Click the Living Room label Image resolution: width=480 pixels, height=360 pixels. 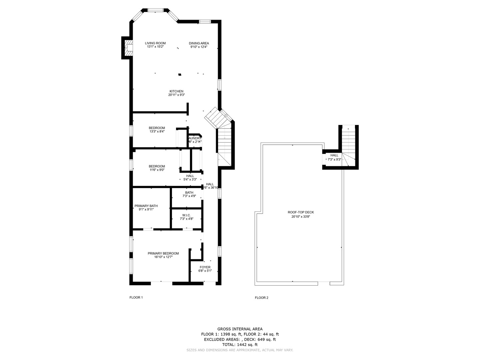(155, 43)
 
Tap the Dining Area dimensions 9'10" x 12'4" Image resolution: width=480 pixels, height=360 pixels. (199, 47)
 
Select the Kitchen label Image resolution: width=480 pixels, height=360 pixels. (176, 91)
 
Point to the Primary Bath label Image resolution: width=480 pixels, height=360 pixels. (146, 206)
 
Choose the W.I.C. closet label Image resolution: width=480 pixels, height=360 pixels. (186, 215)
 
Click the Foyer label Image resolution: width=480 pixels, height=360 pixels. (205, 267)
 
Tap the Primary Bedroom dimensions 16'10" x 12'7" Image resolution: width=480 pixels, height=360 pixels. (163, 257)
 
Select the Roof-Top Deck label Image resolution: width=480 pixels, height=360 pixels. (301, 212)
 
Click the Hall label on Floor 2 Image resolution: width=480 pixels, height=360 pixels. (334, 155)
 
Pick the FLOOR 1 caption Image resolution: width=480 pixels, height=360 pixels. (136, 298)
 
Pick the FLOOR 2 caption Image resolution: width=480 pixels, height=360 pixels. (261, 298)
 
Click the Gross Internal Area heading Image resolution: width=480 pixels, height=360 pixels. (240, 329)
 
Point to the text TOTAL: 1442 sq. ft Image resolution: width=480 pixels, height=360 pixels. (240, 345)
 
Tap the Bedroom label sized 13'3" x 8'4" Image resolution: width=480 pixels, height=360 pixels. (157, 128)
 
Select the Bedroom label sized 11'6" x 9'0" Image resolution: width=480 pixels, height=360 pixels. (157, 166)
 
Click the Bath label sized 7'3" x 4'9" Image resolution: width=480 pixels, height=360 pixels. (189, 193)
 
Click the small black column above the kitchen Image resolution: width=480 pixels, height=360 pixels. (180, 75)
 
